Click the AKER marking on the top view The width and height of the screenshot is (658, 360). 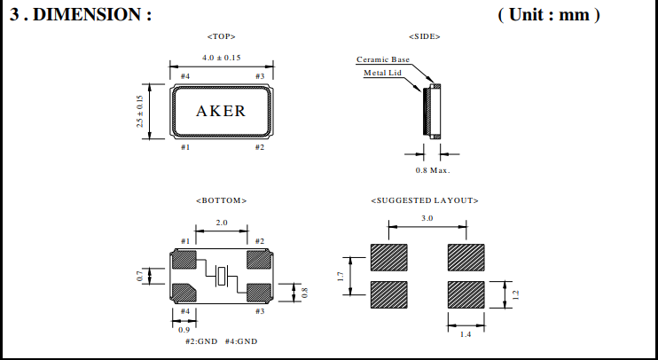(221, 111)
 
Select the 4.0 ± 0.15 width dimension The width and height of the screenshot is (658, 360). (221, 58)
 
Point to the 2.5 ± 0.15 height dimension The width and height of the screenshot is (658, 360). (139, 111)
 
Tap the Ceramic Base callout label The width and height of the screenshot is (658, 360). (383, 59)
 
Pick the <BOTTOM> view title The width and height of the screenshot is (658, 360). (221, 201)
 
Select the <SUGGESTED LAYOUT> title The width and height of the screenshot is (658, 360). (425, 201)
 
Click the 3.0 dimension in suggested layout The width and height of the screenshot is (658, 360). (427, 218)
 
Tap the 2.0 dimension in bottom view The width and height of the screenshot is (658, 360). (222, 223)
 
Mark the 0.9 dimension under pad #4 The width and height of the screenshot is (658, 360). (185, 329)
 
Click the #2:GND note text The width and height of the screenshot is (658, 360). (202, 341)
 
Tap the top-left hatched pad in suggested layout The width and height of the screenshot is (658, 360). (387, 257)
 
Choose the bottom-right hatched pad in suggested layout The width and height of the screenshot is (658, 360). (466, 293)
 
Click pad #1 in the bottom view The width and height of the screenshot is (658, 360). (185, 260)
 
